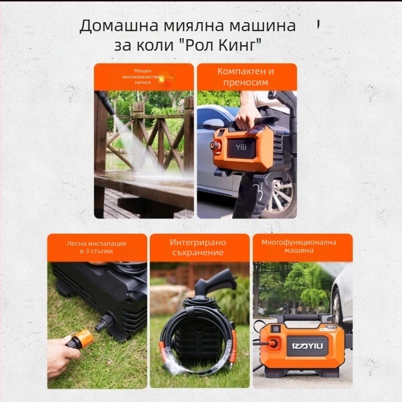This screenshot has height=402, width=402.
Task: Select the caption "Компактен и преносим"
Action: click(246, 77)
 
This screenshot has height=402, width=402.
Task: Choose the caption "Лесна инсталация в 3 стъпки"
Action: click(96, 247)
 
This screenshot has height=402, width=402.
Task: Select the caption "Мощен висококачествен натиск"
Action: click(143, 77)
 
